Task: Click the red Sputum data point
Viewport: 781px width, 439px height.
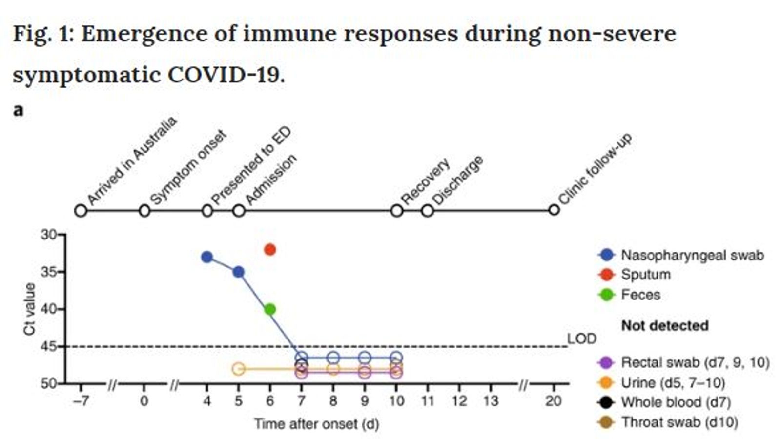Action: pos(269,250)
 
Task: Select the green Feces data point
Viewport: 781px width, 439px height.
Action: pos(269,309)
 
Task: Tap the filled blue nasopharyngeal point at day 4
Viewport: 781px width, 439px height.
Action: pos(207,257)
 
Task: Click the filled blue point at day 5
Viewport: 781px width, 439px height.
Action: pos(238,272)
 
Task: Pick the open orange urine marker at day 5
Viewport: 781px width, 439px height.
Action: pos(238,369)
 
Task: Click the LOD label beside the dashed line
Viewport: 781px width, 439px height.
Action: pos(581,339)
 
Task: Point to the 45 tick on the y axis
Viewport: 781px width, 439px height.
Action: pos(49,346)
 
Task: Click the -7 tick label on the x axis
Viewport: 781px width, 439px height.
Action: pos(81,401)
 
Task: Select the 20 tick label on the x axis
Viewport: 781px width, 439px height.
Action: pos(553,401)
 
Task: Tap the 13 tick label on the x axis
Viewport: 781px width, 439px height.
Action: pos(491,401)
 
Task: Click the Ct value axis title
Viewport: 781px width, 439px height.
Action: pos(30,309)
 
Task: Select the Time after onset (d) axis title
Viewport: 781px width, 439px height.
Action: pos(316,423)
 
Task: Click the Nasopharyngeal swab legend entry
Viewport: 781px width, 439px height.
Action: pos(692,255)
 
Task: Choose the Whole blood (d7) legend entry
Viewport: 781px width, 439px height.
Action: pos(676,402)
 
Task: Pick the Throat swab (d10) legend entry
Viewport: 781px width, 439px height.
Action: pos(679,422)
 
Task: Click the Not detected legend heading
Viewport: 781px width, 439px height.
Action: pos(664,325)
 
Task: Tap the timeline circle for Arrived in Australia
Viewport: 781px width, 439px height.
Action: pos(81,211)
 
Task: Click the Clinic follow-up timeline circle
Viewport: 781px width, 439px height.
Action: pos(554,210)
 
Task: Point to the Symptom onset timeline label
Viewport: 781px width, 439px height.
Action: pos(188,167)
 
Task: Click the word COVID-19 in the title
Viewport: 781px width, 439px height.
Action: pos(226,75)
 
